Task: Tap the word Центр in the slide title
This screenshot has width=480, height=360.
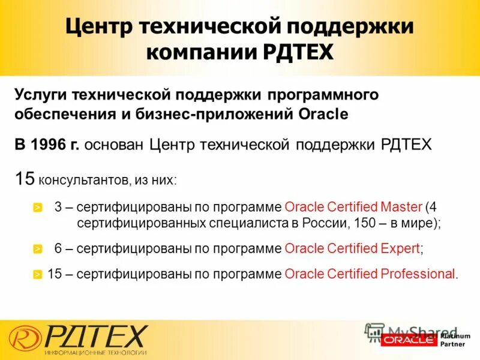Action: (100, 26)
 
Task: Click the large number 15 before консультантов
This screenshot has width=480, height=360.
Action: (25, 178)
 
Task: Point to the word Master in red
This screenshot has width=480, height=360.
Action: (402, 208)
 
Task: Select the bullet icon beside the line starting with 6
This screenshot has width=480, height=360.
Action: (37, 248)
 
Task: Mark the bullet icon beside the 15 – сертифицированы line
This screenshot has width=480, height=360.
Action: (37, 275)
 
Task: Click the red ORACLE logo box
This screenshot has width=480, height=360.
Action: (409, 340)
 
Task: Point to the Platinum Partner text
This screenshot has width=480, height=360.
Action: (456, 340)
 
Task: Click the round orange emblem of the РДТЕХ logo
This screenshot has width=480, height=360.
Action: (24, 337)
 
